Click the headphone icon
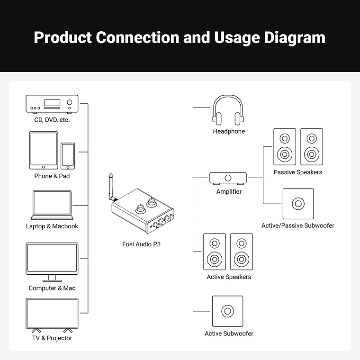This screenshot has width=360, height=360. [x=228, y=110]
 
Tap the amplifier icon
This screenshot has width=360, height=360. [x=228, y=178]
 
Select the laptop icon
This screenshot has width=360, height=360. [x=52, y=205]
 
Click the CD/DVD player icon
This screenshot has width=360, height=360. [x=52, y=104]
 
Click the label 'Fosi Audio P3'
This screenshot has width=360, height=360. [x=142, y=244]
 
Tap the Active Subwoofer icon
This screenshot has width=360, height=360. [x=228, y=311]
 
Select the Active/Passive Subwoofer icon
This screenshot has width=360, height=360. [x=298, y=204]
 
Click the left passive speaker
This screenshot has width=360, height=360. [x=284, y=146]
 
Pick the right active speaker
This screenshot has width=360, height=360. [x=242, y=252]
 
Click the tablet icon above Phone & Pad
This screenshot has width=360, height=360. [x=44, y=150]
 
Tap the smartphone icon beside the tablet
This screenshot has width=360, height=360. [x=68, y=155]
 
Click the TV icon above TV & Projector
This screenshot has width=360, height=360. [x=52, y=315]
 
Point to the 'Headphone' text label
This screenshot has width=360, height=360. [x=229, y=131]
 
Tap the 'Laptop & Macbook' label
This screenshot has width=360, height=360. [x=52, y=226]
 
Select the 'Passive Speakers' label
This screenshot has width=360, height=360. [x=297, y=172]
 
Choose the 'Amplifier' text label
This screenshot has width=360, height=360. [x=229, y=192]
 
